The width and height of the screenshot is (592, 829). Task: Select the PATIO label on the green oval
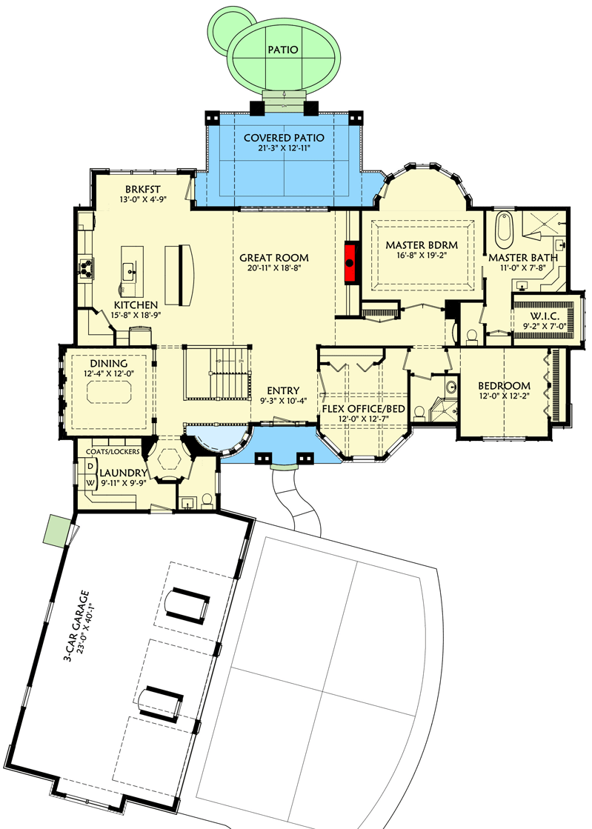coord(283,50)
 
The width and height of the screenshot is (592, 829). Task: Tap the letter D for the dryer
coord(91,466)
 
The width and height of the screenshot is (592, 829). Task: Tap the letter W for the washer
coord(91,482)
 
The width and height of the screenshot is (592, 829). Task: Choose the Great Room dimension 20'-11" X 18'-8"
coord(273,268)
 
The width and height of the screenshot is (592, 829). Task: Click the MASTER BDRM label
coord(422,245)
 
